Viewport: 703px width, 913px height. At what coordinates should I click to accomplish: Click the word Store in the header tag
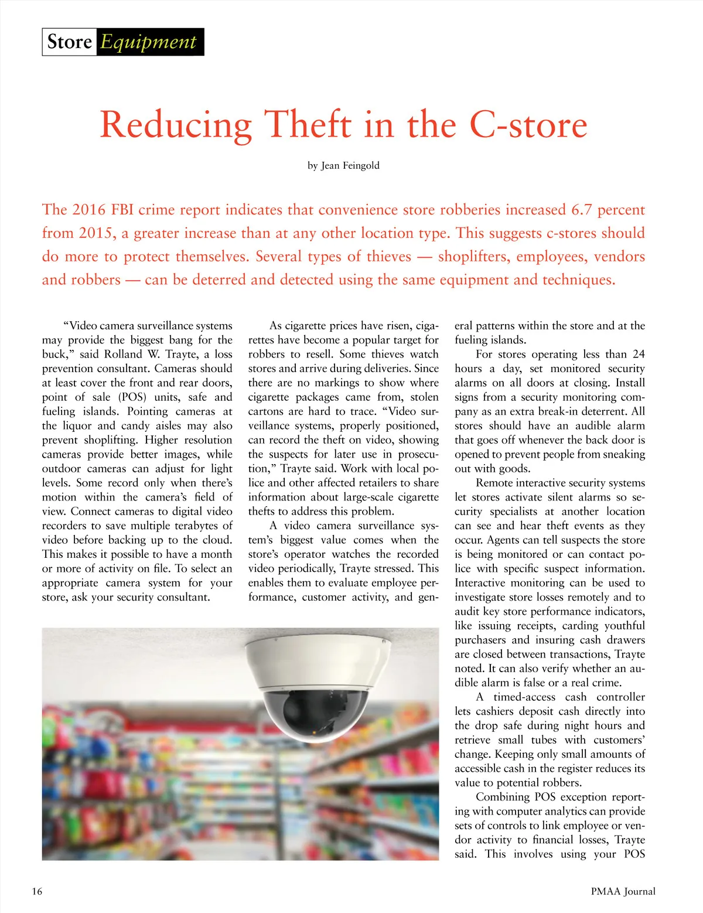(69, 42)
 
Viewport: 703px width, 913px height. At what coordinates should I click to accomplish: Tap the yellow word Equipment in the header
(148, 42)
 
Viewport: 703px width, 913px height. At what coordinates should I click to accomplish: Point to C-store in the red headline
(528, 124)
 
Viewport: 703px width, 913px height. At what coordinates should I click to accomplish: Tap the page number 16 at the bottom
(37, 891)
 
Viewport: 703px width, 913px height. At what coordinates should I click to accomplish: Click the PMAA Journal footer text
(623, 891)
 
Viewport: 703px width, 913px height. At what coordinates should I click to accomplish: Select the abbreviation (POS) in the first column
(132, 397)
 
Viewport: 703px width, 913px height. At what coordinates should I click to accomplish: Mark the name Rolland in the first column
(122, 354)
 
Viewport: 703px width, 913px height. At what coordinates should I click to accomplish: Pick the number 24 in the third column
(639, 354)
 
